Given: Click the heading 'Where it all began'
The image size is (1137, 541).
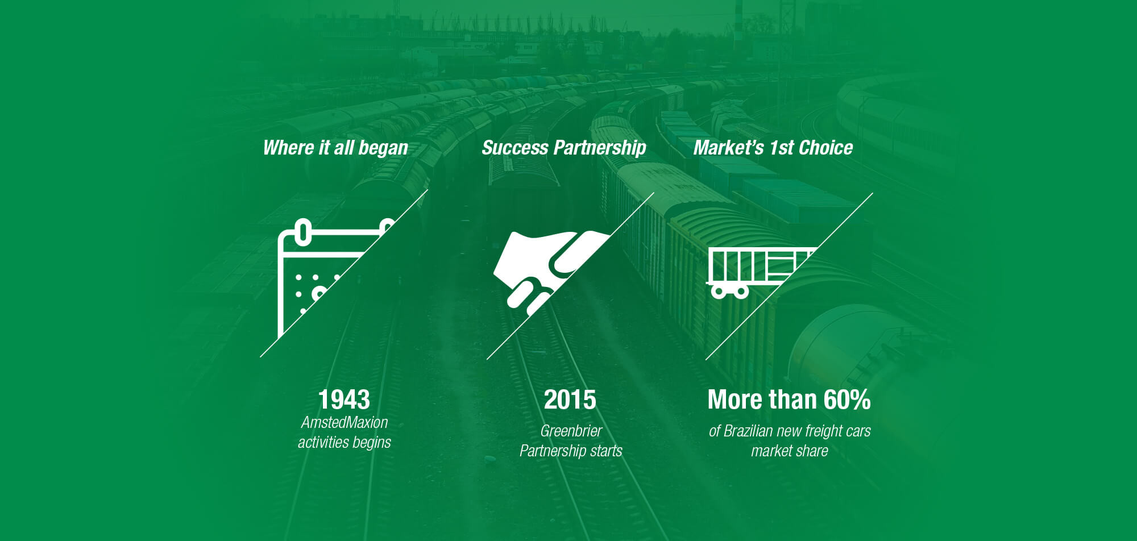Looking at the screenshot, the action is (335, 148).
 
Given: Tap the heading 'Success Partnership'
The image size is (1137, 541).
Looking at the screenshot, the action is (564, 148).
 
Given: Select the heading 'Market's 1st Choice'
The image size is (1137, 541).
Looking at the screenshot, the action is (773, 148).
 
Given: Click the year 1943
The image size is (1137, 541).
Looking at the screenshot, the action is (344, 399).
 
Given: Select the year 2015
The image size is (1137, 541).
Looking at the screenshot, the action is (570, 399).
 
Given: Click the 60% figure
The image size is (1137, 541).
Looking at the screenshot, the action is (847, 399).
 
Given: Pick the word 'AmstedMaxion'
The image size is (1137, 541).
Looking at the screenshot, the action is (345, 422).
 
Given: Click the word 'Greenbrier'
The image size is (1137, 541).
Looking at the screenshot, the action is (571, 431).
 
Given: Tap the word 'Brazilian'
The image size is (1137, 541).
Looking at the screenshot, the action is (748, 431).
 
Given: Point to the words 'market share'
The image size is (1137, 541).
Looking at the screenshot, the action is (790, 451).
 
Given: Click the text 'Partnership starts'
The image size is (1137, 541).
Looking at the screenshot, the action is (571, 451).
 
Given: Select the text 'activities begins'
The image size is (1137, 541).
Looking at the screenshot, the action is (345, 442).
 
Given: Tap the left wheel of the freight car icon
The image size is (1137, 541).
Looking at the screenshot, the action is (719, 292).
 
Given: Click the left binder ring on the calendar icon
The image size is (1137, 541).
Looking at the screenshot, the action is (304, 232).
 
